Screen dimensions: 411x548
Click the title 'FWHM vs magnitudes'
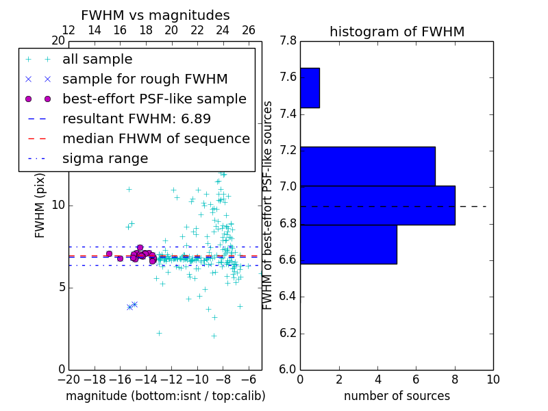tap(155, 16)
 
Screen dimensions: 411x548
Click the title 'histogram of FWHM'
tap(397, 32)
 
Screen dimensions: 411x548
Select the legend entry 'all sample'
tap(97, 59)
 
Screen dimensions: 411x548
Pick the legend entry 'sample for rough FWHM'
tap(145, 79)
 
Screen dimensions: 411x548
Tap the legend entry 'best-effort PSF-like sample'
tap(154, 99)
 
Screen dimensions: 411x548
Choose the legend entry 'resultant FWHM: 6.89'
tap(136, 119)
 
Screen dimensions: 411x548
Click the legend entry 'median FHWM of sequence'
tap(155, 138)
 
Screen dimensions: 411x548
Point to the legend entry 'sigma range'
tap(105, 158)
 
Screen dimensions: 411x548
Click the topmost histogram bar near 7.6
tap(310, 88)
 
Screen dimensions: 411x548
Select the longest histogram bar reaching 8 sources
tap(377, 205)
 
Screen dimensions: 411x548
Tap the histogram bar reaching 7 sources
tap(367, 166)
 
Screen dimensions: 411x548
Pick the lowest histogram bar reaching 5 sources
tap(348, 244)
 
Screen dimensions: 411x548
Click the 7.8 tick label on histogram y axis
tap(288, 41)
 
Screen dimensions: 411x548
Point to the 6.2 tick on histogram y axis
tap(288, 334)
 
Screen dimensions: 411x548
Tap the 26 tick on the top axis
tap(249, 30)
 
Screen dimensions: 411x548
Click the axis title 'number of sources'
tap(397, 396)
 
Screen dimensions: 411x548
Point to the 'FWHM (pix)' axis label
tap(40, 204)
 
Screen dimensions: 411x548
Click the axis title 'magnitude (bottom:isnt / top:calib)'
tap(165, 396)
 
